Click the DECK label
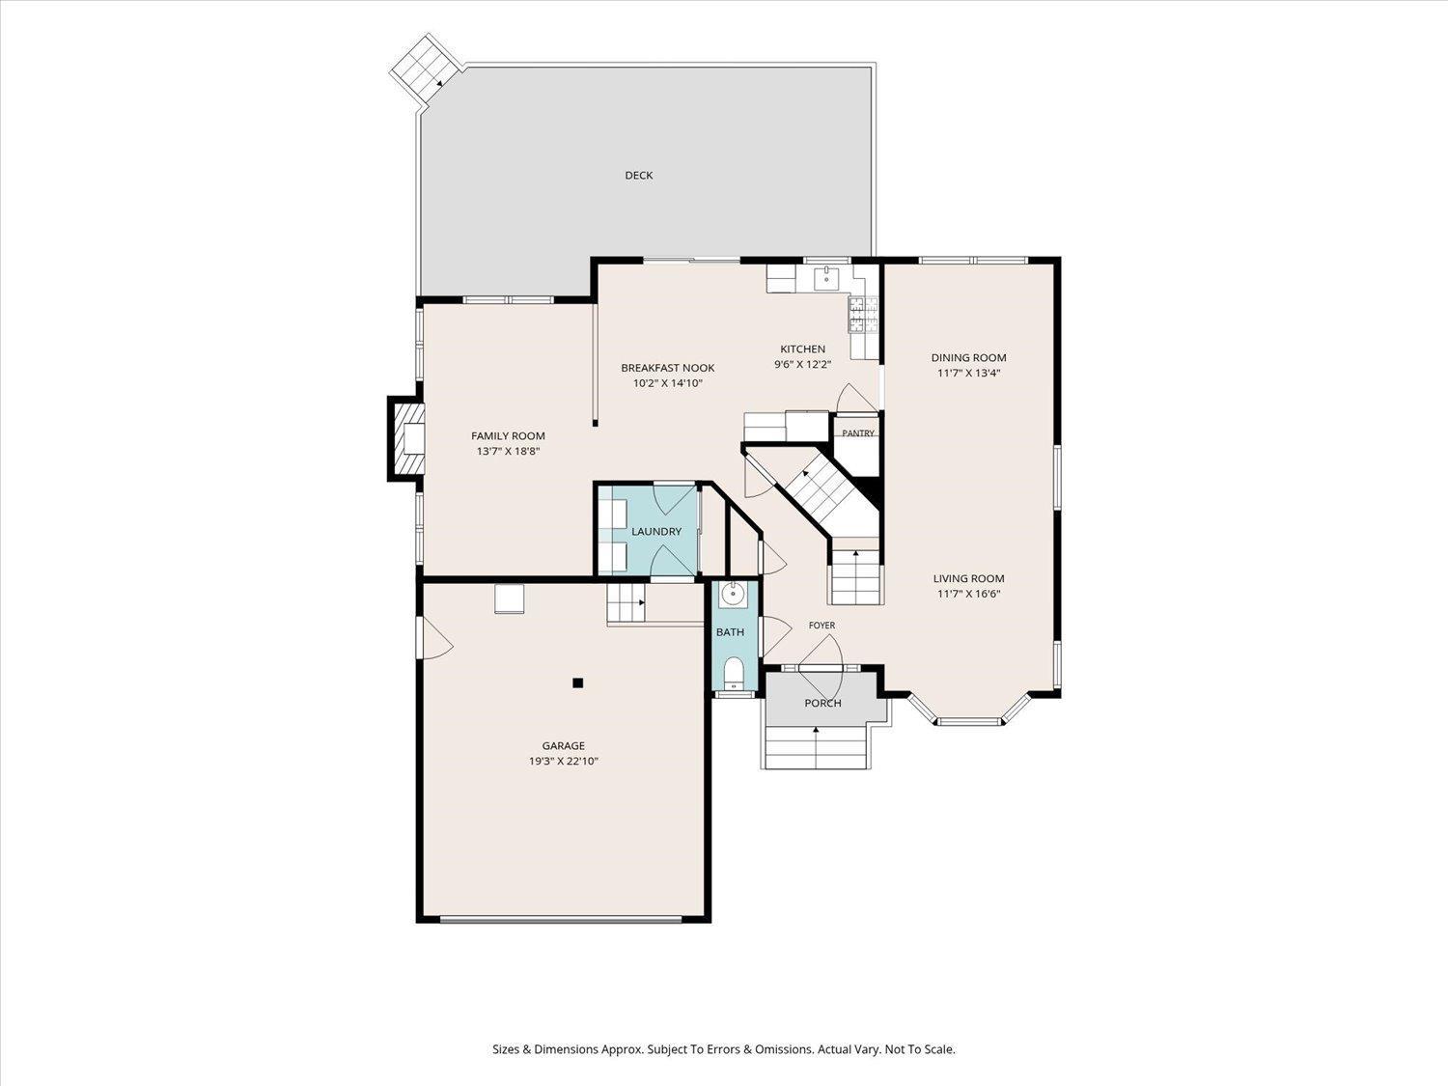(x=639, y=175)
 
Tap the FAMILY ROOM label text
(x=508, y=436)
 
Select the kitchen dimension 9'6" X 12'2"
(x=802, y=364)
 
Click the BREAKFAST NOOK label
(x=668, y=367)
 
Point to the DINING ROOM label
(x=968, y=357)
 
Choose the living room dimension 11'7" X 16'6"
(x=968, y=594)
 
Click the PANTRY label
(x=857, y=433)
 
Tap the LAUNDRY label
(x=656, y=532)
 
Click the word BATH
(x=730, y=631)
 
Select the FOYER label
(x=821, y=626)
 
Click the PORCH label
(x=822, y=703)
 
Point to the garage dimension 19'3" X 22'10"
(x=564, y=761)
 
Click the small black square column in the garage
(x=578, y=683)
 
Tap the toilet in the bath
(x=733, y=673)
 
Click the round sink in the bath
(x=733, y=595)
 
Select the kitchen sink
(x=826, y=278)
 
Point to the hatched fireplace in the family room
(x=406, y=438)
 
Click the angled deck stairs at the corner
(x=423, y=69)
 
